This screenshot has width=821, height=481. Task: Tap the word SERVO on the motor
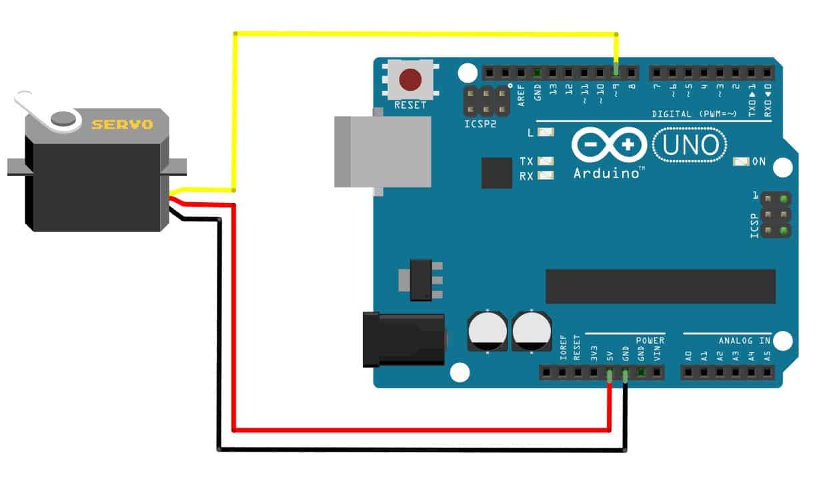pos(122,124)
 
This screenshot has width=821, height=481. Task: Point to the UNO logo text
pos(689,145)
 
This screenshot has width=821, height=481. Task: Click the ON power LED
pos(741,161)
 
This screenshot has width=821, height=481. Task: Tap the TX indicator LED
pos(546,161)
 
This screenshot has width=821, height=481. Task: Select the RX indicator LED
pos(546,176)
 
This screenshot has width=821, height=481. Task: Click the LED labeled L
pos(546,132)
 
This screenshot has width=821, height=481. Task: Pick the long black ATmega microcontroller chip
pos(660,286)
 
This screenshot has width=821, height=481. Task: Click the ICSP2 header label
pos(480,124)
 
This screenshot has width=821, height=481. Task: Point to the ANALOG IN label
pos(744,340)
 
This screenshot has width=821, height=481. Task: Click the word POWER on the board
pos(650,340)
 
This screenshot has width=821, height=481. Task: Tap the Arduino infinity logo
pos(609,145)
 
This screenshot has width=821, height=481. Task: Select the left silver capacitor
pos(489,330)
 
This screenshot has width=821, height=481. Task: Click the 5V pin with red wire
pos(610,374)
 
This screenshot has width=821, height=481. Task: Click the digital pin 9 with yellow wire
pos(616,71)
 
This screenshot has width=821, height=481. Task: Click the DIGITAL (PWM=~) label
pos(694,114)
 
